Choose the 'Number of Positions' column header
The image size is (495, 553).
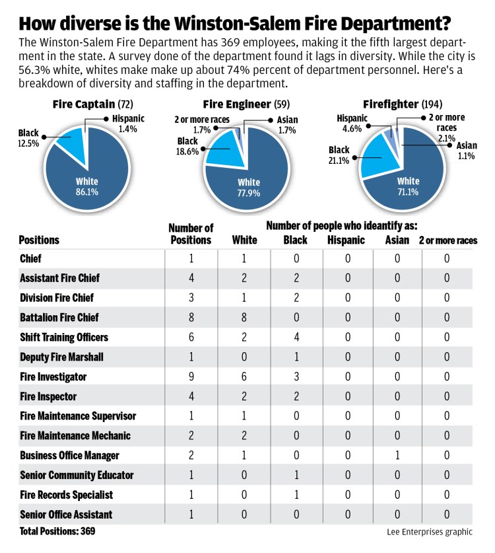[x=191, y=234]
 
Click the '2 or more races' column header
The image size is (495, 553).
[x=448, y=240]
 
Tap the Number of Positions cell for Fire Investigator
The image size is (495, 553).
[x=191, y=377]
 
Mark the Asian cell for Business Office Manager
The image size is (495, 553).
[x=397, y=455]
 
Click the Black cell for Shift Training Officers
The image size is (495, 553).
[x=295, y=337]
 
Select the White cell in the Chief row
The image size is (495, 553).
[x=245, y=258]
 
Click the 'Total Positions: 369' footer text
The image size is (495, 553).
[x=53, y=531]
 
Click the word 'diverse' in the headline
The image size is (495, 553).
[x=96, y=23]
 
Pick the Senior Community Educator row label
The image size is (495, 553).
[x=77, y=475]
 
